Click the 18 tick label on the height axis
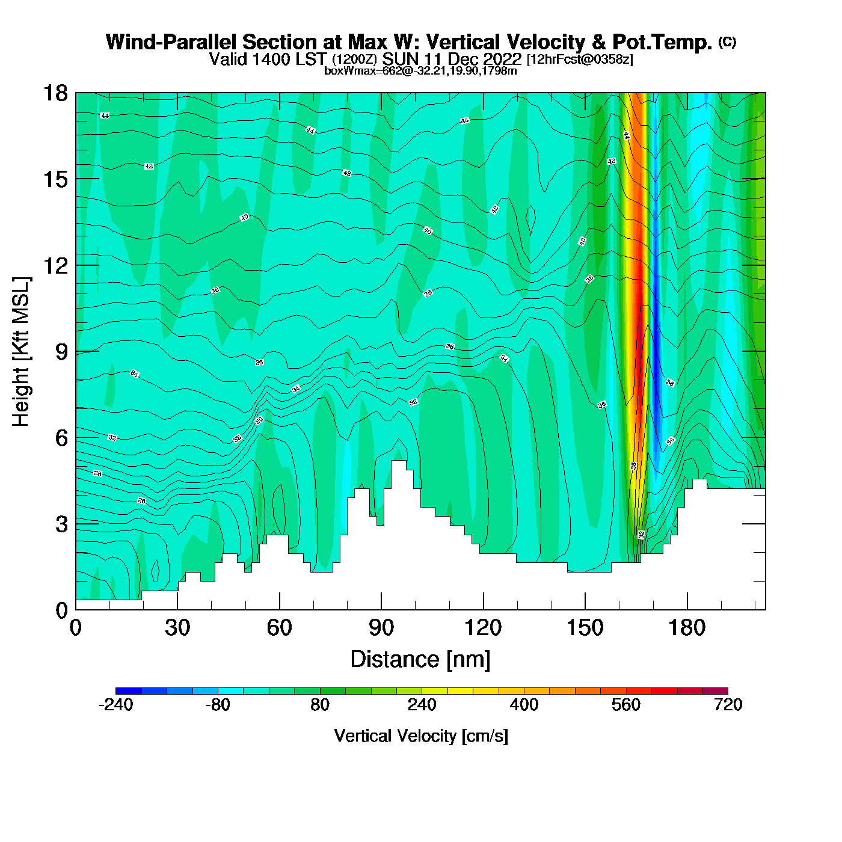[x=55, y=93]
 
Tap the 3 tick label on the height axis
[x=61, y=524]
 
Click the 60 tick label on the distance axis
[x=279, y=628]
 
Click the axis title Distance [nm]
[x=420, y=659]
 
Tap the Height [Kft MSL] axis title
[x=21, y=352]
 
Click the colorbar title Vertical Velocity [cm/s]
[x=421, y=736]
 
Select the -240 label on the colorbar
[x=115, y=705]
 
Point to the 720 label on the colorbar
[x=728, y=705]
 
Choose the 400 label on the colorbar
[x=524, y=705]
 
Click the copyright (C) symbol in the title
[x=727, y=41]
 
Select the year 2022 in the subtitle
[x=501, y=59]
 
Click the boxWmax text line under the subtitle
[x=420, y=71]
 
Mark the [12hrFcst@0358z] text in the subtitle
[x=580, y=60]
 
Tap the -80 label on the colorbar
[x=218, y=705]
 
